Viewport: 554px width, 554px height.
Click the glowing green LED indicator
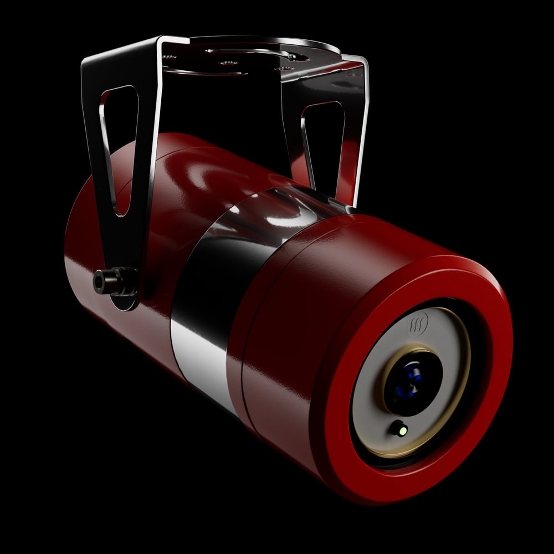[401, 429]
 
